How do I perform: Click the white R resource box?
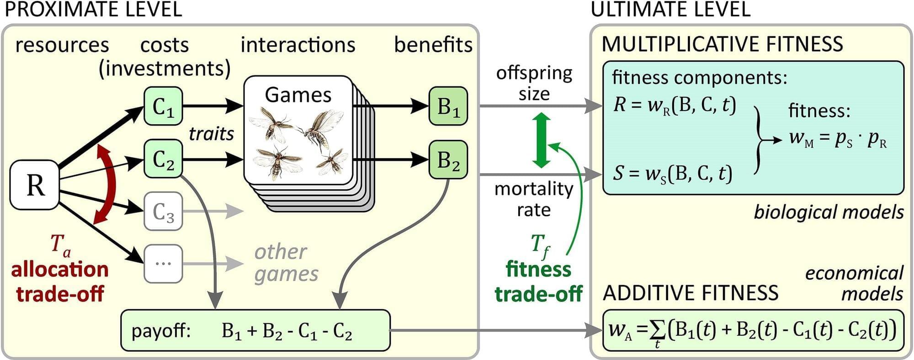(35, 185)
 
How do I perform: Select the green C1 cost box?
(163, 106)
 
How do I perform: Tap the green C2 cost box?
(163, 159)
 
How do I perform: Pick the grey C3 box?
(163, 211)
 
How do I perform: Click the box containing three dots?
(163, 264)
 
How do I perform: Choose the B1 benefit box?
(448, 106)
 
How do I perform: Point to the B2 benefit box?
(448, 159)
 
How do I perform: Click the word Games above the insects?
(298, 95)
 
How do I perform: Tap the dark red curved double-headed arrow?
(106, 184)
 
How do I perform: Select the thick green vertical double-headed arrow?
(541, 140)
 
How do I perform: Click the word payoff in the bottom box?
(161, 330)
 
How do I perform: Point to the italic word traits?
(211, 134)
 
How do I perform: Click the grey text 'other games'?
(286, 263)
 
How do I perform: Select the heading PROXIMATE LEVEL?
(93, 10)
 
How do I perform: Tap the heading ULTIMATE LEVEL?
(670, 10)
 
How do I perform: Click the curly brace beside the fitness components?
(759, 140)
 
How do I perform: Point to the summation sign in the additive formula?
(658, 330)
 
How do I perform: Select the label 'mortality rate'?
(534, 199)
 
